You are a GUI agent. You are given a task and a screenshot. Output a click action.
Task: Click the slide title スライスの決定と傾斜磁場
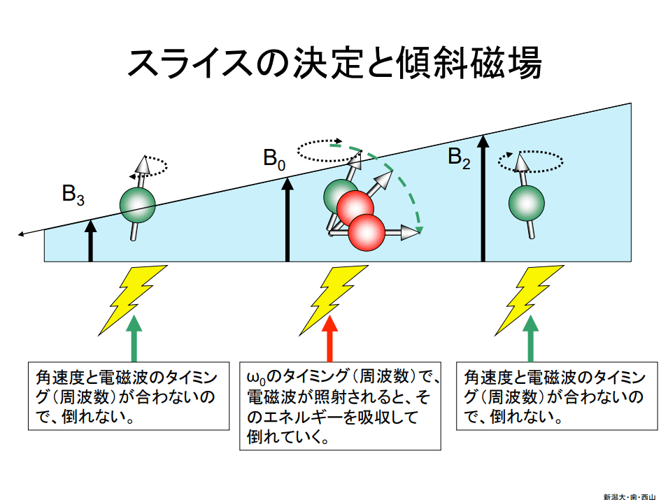click(334, 62)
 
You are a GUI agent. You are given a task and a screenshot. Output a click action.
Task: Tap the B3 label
click(73, 194)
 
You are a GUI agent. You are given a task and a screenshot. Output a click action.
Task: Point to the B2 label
click(459, 158)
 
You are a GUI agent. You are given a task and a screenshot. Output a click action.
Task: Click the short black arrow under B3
click(90, 241)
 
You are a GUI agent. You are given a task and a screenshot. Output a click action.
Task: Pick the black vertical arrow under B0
click(287, 220)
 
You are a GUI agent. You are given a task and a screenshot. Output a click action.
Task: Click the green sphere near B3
click(137, 204)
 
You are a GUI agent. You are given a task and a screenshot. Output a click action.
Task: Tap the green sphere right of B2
click(526, 202)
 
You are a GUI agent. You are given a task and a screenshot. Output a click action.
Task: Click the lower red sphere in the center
click(367, 231)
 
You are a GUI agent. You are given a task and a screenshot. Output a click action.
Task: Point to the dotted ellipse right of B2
click(530, 162)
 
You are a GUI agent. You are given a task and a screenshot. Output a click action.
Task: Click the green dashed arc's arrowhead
click(419, 229)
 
